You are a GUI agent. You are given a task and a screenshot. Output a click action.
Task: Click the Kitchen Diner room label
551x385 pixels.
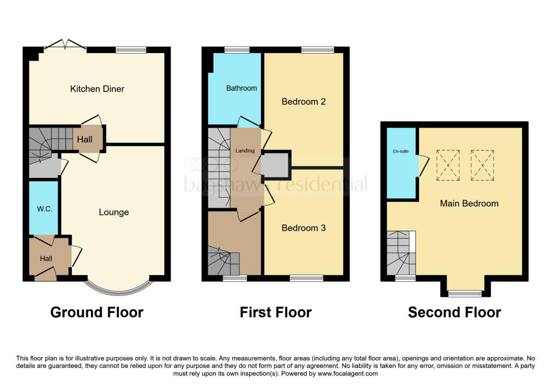97,89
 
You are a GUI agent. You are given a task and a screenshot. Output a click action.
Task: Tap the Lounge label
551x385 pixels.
114,212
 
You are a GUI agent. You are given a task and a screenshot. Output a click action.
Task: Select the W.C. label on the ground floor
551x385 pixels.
45,209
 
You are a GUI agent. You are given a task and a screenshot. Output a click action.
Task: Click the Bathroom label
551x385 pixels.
241,88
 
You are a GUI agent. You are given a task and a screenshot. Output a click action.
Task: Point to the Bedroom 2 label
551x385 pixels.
303,101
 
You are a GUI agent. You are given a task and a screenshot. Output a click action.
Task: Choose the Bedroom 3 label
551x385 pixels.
303,228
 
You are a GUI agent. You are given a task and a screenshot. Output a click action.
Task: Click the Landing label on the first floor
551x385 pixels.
245,151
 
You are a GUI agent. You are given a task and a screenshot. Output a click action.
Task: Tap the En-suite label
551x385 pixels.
400,151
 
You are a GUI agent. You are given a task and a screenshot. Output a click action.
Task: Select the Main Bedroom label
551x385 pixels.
469,204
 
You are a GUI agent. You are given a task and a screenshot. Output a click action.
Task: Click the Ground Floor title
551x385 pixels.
97,312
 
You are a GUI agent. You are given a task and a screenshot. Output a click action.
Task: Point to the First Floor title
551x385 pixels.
275,312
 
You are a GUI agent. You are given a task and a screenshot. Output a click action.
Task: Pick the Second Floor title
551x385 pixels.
455,312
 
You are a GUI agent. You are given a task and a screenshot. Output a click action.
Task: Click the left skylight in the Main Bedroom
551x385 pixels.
448,164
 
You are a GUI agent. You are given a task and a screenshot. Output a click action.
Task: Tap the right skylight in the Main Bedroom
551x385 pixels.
482,164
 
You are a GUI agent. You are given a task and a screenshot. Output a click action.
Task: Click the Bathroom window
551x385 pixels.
233,50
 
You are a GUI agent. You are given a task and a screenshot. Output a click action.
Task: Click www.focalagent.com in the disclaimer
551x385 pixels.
348,373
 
